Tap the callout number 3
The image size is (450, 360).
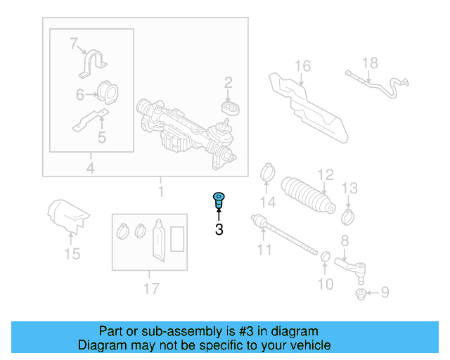point(219,229)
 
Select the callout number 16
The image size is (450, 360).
point(302,67)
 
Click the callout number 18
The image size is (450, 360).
point(370,63)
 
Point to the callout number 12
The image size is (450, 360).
point(324,175)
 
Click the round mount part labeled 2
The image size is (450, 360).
point(229,108)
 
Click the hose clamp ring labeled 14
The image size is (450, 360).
point(267,171)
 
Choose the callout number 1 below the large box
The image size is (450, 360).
point(160,191)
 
